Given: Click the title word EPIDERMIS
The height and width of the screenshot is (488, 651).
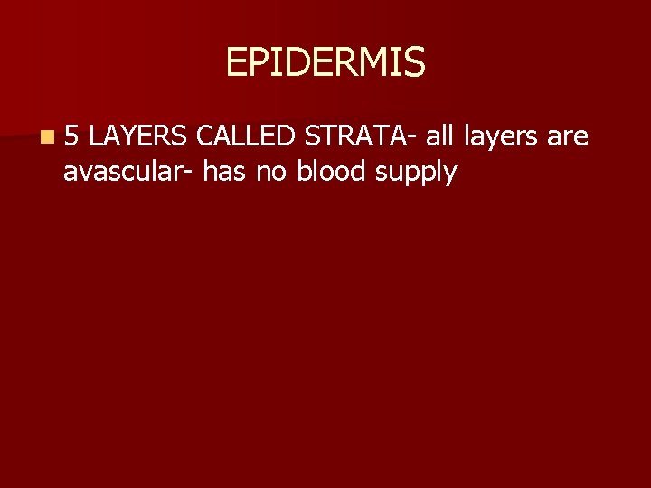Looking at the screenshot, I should click(325, 62).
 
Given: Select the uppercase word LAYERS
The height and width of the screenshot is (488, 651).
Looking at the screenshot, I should click(138, 137).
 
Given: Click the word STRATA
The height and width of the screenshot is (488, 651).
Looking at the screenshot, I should click(354, 137).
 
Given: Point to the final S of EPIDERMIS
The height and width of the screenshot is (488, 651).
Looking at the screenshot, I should click(414, 62).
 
